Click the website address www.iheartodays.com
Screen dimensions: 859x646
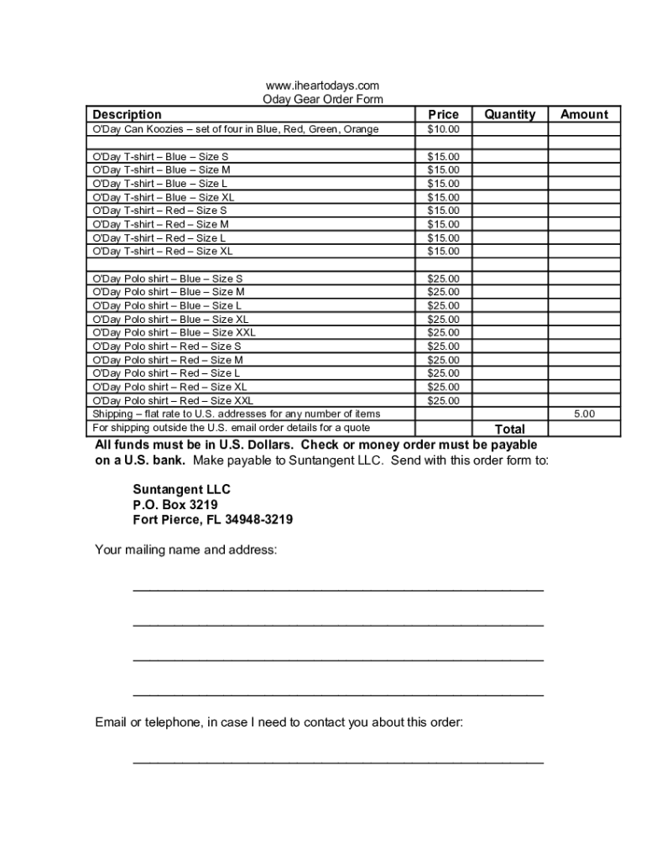tap(322, 86)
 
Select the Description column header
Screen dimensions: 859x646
tap(127, 114)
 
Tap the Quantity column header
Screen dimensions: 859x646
tap(509, 114)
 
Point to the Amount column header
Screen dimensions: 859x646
tap(584, 114)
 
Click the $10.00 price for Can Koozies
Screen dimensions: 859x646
tap(443, 129)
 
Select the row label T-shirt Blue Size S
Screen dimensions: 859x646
tap(159, 157)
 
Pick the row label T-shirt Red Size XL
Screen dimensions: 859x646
tap(162, 251)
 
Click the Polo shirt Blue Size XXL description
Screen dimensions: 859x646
tap(174, 332)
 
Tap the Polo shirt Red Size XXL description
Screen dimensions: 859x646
tap(172, 400)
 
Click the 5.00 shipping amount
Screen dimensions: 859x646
tap(584, 414)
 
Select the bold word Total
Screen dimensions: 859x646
tap(509, 429)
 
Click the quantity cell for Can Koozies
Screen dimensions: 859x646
tap(509, 129)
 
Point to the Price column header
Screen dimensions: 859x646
tap(443, 114)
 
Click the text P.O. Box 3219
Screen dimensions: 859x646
tap(175, 504)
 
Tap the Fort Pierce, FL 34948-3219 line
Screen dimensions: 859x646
tap(212, 519)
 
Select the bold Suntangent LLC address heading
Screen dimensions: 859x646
tap(181, 489)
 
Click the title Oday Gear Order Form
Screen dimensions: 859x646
tap(323, 99)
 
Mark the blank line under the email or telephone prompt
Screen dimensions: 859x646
tap(338, 762)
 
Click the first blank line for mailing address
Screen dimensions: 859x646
tap(338, 590)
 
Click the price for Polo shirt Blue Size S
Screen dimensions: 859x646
tap(443, 279)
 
